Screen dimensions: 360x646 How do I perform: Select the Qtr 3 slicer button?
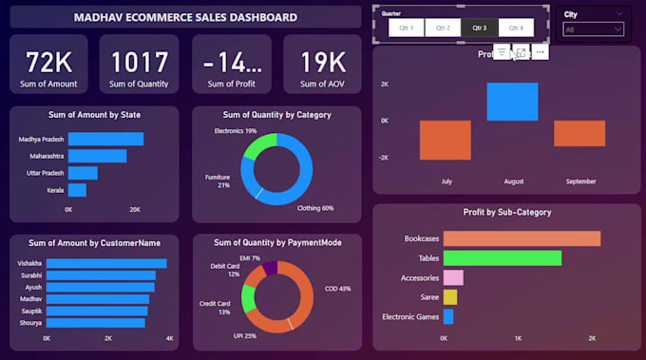pyautogui.click(x=480, y=28)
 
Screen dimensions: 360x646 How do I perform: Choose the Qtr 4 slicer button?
pyautogui.click(x=516, y=28)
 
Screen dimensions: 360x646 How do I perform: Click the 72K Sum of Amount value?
pyautogui.click(x=48, y=63)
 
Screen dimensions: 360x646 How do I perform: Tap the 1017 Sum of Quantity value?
pyautogui.click(x=140, y=63)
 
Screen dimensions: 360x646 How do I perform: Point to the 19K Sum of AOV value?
pyautogui.click(x=323, y=63)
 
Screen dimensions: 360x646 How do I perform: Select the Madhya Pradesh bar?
pyautogui.click(x=105, y=139)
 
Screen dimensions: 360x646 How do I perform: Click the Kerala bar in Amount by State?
pyautogui.click(x=77, y=190)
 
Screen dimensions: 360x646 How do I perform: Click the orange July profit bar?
pyautogui.click(x=445, y=140)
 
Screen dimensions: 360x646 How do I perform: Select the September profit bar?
pyautogui.click(x=579, y=133)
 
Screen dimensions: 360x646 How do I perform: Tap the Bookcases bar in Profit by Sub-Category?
pyautogui.click(x=522, y=238)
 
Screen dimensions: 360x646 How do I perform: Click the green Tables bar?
pyautogui.click(x=502, y=257)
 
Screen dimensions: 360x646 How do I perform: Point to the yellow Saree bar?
pyautogui.click(x=449, y=297)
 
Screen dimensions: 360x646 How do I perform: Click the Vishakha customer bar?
pyautogui.click(x=106, y=263)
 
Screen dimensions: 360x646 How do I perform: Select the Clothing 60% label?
pyautogui.click(x=315, y=208)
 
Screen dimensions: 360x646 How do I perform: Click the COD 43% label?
pyautogui.click(x=337, y=288)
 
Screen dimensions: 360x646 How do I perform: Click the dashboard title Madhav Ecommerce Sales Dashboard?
pyautogui.click(x=185, y=17)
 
